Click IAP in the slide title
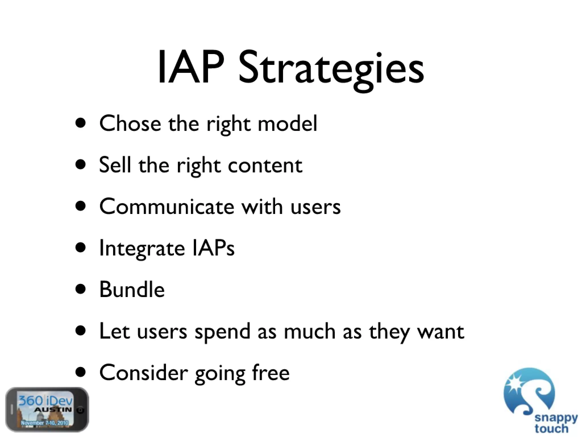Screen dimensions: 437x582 point(191,68)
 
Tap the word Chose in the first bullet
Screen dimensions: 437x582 point(130,123)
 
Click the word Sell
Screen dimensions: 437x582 point(115,165)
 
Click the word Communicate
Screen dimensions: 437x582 point(167,207)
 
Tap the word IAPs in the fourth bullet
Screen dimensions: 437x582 point(213,248)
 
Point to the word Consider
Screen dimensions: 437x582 point(144,373)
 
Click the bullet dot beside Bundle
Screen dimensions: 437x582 point(81,289)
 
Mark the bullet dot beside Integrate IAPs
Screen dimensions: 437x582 point(81,248)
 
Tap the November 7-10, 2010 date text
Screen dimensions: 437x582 point(45,423)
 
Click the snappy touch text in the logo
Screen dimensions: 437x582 point(556,423)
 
